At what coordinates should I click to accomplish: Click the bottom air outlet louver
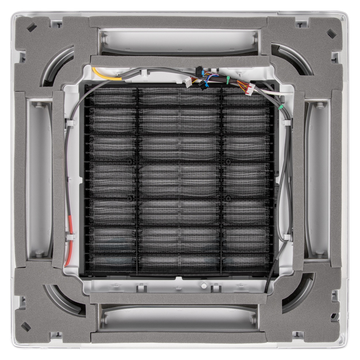click(x=179, y=318)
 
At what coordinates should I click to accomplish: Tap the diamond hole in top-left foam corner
click(x=31, y=27)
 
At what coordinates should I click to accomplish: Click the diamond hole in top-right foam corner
click(x=332, y=33)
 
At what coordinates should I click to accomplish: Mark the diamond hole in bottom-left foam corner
click(x=26, y=327)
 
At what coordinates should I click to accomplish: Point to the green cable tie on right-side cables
click(x=280, y=107)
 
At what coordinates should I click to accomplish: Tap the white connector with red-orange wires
click(x=251, y=89)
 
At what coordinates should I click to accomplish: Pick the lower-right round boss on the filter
click(x=228, y=197)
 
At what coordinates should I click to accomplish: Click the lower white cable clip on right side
click(x=287, y=237)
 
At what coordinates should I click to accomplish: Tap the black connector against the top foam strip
click(x=199, y=69)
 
